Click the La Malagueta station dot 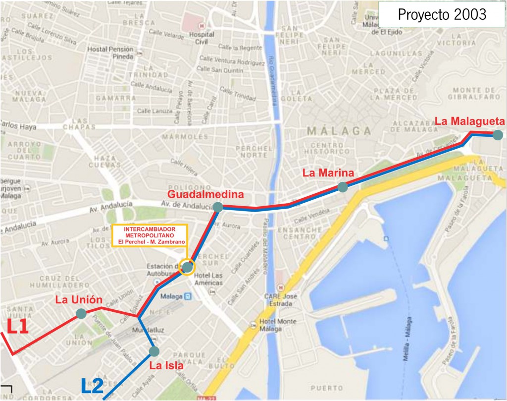coord(498,134)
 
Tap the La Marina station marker coord(343,187)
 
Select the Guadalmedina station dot coord(217,207)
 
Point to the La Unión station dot coord(81,313)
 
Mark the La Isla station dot coord(154,351)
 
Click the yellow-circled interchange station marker coord(187,268)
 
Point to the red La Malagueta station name coord(469,121)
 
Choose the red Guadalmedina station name coord(205,194)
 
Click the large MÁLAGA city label coord(339,131)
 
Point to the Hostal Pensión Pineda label coord(110,53)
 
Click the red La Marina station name coord(328,173)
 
